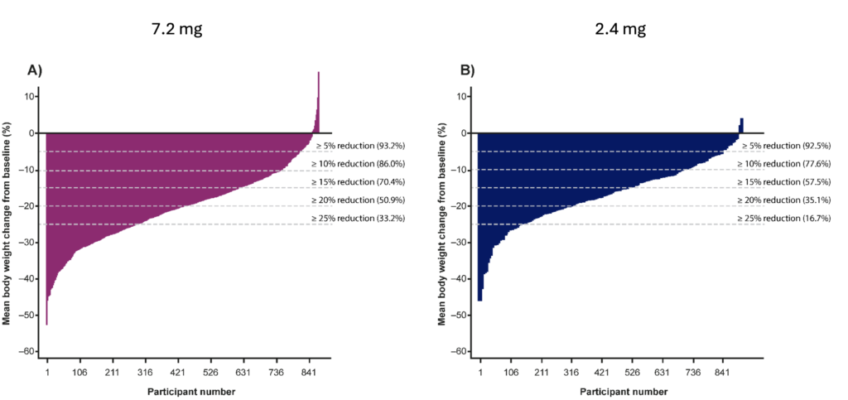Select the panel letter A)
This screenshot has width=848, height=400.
34,71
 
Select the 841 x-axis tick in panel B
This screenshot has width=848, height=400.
724,372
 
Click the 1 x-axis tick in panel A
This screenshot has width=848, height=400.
47,372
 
